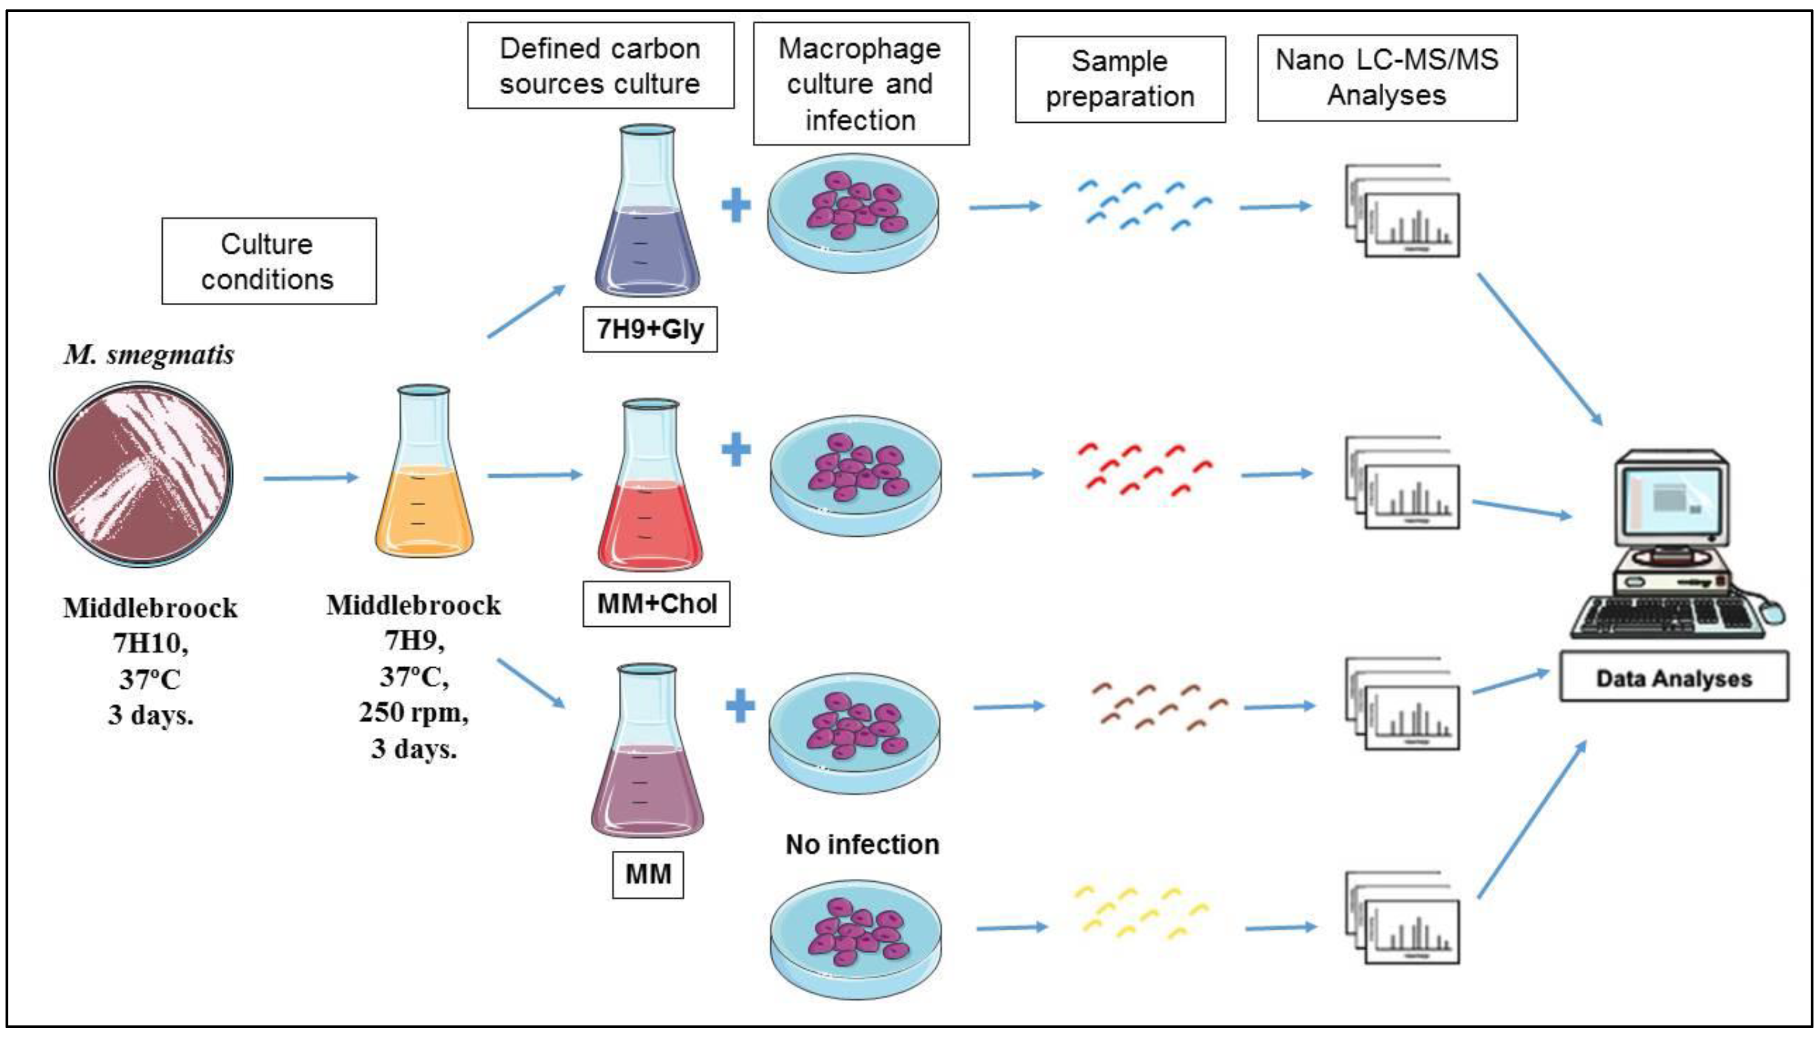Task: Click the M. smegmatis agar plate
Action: (141, 474)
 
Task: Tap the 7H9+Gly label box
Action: (649, 329)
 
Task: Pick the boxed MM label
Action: (647, 874)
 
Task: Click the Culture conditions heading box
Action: (268, 261)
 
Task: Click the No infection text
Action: (861, 845)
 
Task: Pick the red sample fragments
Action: (1143, 469)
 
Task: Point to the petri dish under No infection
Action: (856, 941)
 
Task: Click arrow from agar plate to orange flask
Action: (309, 478)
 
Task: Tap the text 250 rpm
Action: (413, 712)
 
